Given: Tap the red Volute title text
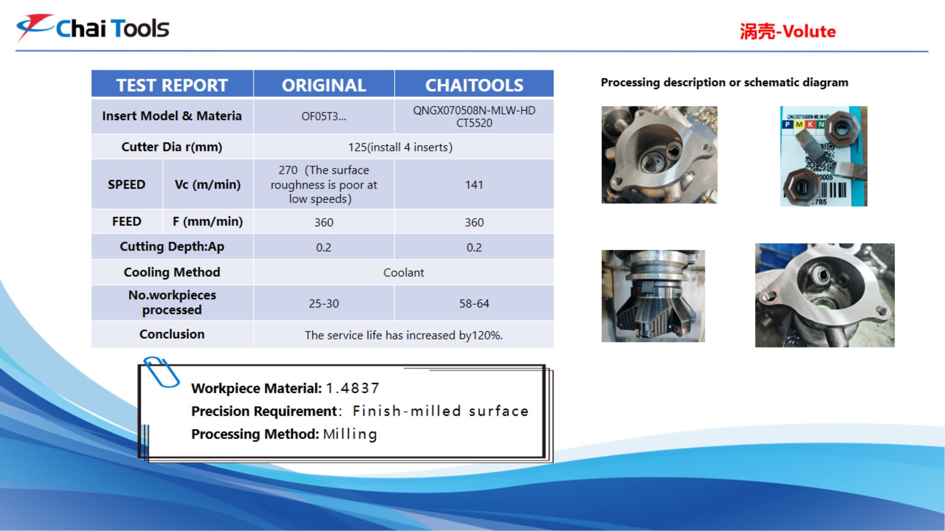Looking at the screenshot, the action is pyautogui.click(x=788, y=32).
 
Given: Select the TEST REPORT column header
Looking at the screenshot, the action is pyautogui.click(x=172, y=85).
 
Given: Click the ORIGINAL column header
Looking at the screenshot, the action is pyautogui.click(x=324, y=85).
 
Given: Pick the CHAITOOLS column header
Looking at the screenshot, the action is pyautogui.click(x=474, y=85).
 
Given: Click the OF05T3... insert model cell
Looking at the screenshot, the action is pyautogui.click(x=324, y=116).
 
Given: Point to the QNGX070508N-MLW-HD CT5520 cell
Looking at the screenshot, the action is pyautogui.click(x=474, y=116).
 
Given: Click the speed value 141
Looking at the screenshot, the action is pyautogui.click(x=474, y=185).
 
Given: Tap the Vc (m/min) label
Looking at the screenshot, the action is pyautogui.click(x=208, y=184).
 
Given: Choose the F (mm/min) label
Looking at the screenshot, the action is pyautogui.click(x=208, y=221).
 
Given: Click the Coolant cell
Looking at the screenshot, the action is pyautogui.click(x=404, y=273).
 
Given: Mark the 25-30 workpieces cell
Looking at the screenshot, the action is pyautogui.click(x=324, y=303).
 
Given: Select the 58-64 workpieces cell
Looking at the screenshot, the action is pyautogui.click(x=474, y=303).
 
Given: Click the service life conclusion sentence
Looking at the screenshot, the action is pyautogui.click(x=404, y=335).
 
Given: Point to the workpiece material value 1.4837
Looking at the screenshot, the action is pyautogui.click(x=352, y=388).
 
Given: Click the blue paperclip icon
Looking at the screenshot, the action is pyautogui.click(x=161, y=372).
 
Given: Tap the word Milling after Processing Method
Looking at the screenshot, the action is pyautogui.click(x=350, y=434).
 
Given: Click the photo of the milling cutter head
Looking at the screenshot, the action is pyautogui.click(x=653, y=296).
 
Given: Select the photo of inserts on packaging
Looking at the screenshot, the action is pyautogui.click(x=823, y=156).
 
